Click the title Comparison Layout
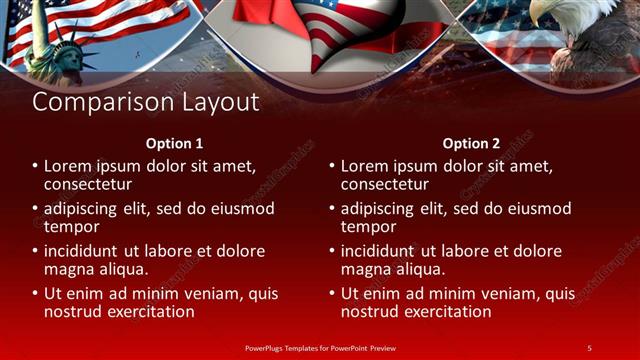click(x=146, y=102)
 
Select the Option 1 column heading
click(x=174, y=143)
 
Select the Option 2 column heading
click(x=471, y=143)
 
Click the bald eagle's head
click(x=548, y=13)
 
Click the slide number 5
click(x=589, y=347)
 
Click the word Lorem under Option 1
click(x=69, y=166)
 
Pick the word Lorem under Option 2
click(x=366, y=166)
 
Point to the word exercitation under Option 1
click(x=147, y=312)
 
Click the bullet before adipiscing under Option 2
click(x=331, y=209)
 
